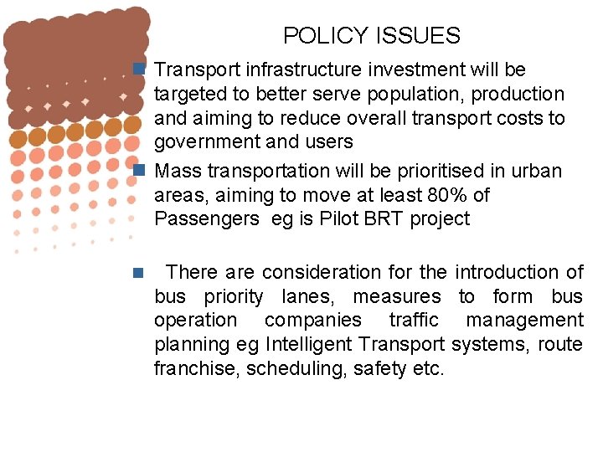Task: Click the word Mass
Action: tap(177, 171)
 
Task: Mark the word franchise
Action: tap(196, 368)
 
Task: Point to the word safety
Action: tap(373, 368)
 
